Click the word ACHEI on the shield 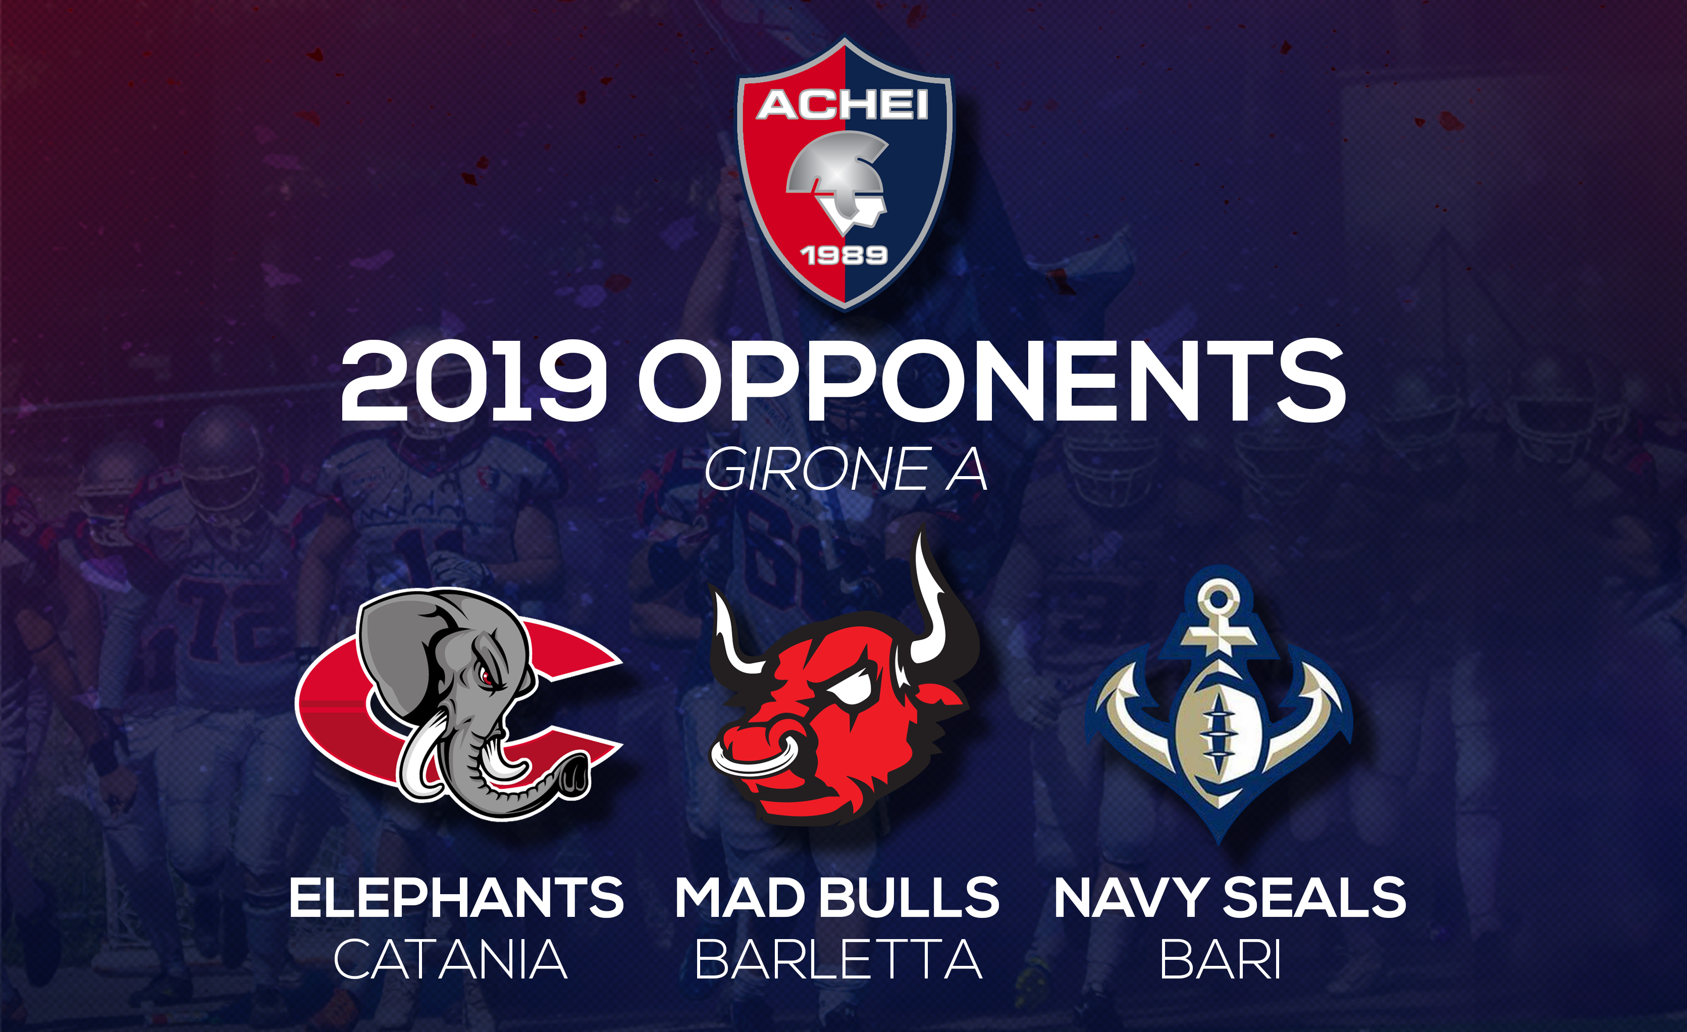(843, 106)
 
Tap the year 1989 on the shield (843, 255)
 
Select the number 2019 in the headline (473, 382)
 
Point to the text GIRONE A (846, 469)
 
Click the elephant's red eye (486, 677)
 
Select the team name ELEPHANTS (456, 897)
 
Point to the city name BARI (1220, 959)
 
